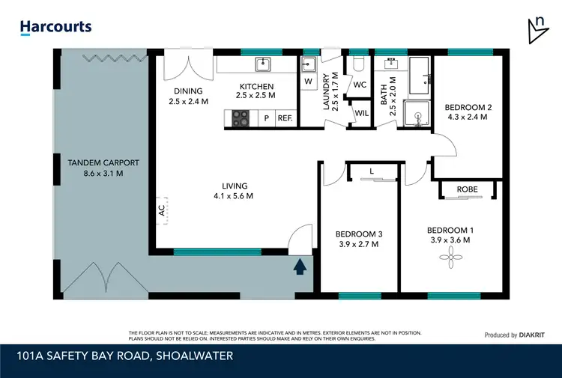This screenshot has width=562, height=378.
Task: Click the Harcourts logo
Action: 55,27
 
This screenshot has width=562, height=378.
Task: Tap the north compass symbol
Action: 537,28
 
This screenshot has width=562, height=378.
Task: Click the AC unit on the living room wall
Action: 161,211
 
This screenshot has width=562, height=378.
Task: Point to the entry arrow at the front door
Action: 300,265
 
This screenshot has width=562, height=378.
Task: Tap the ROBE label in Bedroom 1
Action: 467,190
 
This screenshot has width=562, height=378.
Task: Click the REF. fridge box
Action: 285,118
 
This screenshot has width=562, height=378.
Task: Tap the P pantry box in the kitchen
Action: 265,118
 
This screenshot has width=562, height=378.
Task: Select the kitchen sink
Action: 262,63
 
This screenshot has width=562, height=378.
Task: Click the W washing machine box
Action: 308,81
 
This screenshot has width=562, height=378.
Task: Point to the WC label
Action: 359,85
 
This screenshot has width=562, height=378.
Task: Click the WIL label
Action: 361,113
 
